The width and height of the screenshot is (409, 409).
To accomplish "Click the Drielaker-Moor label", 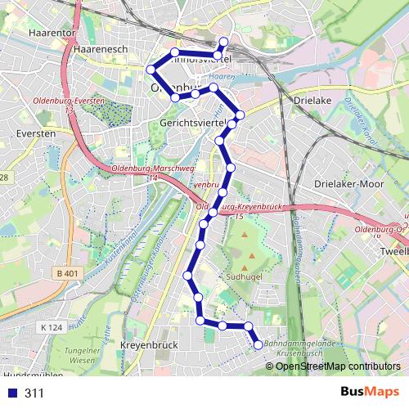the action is click(348, 185).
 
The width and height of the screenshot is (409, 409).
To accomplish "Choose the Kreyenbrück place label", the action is click(149, 346).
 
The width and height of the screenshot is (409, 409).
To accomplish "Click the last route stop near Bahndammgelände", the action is click(258, 345).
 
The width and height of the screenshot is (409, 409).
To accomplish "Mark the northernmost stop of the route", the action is click(224, 41).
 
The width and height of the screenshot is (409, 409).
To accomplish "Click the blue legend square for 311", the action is click(11, 393).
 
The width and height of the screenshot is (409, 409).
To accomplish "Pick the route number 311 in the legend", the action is click(34, 393).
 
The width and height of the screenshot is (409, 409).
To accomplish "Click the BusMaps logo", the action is click(369, 393).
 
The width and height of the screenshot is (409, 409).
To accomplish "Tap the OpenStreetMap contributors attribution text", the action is click(337, 366).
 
